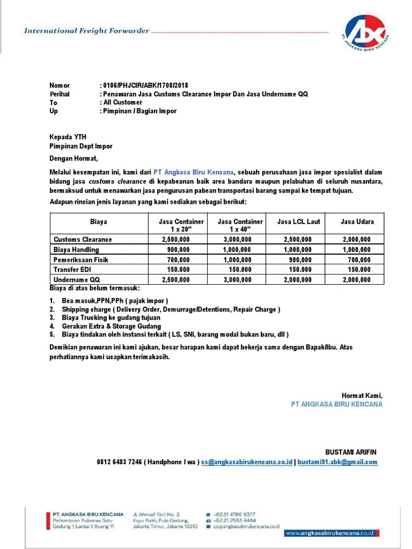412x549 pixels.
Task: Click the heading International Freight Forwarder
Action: coord(87,31)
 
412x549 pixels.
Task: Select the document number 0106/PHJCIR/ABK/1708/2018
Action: coord(145,86)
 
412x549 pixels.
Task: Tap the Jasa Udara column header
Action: coord(357,221)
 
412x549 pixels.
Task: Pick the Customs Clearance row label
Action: coord(83,240)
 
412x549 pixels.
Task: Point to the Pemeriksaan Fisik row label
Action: coord(81,259)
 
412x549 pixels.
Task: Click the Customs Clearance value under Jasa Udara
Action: coord(356,240)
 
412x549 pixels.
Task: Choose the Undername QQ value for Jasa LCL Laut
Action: coord(297,280)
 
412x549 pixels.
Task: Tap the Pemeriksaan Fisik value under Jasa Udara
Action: coord(359,259)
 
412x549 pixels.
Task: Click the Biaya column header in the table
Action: coord(98,221)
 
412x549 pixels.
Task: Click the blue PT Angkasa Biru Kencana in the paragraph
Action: coord(194,173)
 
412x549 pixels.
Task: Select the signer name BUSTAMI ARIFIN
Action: coord(354,452)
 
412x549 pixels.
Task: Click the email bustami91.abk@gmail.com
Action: coord(337,462)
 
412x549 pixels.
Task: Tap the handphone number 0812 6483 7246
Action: coord(120,462)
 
